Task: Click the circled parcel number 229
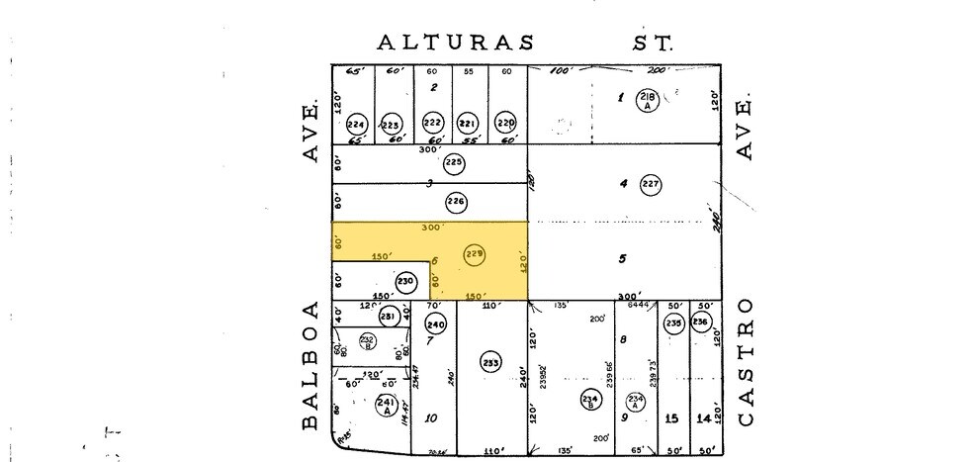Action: click(x=475, y=254)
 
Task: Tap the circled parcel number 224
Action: click(x=356, y=125)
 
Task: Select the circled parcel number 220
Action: click(x=506, y=124)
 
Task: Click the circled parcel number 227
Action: click(x=650, y=184)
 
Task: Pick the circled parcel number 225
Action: click(x=454, y=162)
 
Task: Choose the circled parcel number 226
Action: click(x=456, y=203)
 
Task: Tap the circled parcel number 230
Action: click(x=405, y=282)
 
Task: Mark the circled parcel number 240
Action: click(x=436, y=323)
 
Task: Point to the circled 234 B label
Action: click(x=589, y=399)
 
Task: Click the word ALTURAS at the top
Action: click(x=456, y=43)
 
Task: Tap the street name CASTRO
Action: click(x=746, y=361)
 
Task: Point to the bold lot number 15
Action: click(x=672, y=418)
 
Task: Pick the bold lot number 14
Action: click(x=703, y=418)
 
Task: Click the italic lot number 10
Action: click(x=431, y=417)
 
